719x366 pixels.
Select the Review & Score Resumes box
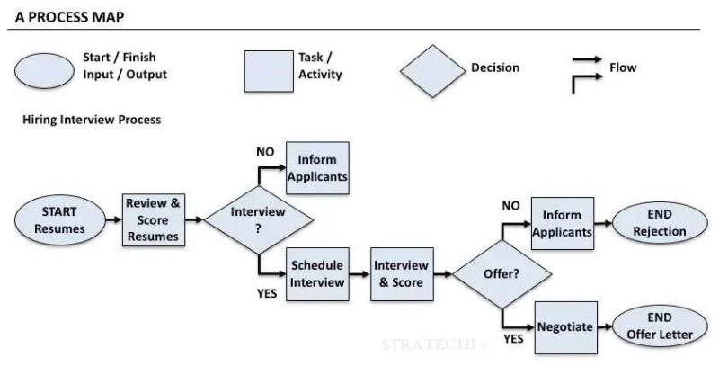tap(153, 219)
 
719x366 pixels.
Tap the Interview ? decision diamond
tap(259, 219)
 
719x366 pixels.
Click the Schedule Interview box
tap(317, 274)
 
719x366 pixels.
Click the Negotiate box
tap(565, 327)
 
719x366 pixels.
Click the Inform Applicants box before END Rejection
tap(563, 223)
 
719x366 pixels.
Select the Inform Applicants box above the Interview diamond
tap(317, 167)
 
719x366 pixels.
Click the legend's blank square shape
tap(269, 70)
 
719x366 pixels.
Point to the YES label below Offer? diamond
tap(513, 339)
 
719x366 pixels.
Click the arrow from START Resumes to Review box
tap(111, 219)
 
